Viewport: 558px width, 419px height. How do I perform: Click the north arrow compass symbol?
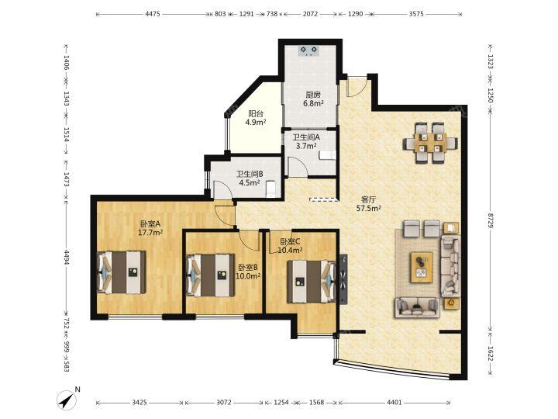tap(67, 400)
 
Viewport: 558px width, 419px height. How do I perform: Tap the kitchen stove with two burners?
tap(308, 51)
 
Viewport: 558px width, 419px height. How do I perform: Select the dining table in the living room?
tap(430, 143)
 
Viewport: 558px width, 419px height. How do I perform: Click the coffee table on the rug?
tap(422, 267)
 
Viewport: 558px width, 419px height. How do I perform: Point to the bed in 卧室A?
tap(122, 272)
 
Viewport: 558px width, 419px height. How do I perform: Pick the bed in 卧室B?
tap(211, 275)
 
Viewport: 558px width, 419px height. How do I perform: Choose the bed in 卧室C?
tap(312, 282)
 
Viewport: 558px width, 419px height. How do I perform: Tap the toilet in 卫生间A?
tap(327, 154)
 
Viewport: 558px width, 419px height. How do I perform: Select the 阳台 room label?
tap(256, 113)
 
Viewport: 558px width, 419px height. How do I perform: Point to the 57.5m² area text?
tap(369, 209)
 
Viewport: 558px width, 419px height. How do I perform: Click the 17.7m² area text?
tap(150, 233)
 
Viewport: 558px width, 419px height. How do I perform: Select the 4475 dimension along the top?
tap(153, 14)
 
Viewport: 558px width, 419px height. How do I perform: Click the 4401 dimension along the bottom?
tap(394, 403)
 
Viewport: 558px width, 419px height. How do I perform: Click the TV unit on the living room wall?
tap(343, 279)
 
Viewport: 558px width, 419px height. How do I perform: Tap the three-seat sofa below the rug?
tap(417, 307)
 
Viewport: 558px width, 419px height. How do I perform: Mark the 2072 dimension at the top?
tap(310, 14)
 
